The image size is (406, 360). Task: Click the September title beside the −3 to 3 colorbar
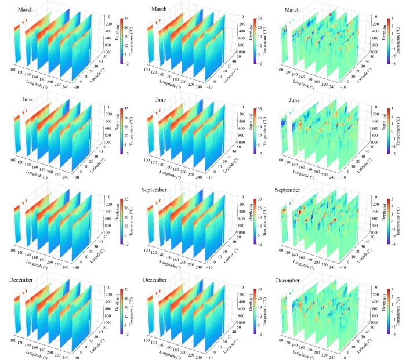point(296,190)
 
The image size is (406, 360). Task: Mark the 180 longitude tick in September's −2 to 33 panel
point(188,250)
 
